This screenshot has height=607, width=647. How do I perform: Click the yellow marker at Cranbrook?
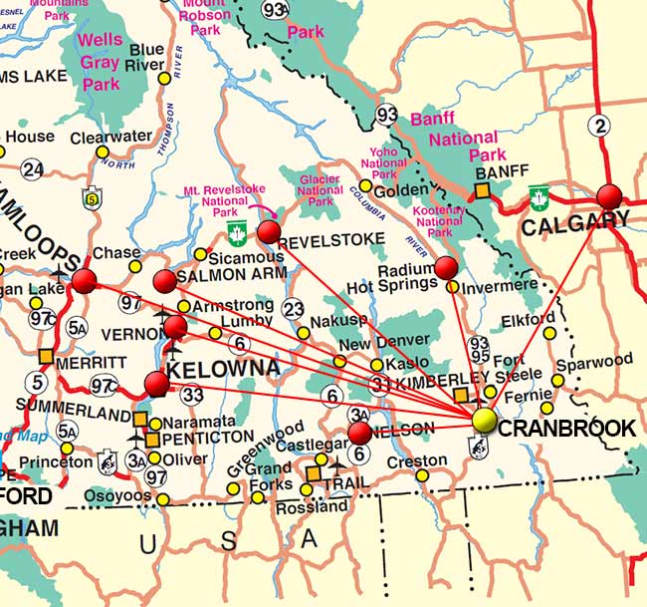click(485, 421)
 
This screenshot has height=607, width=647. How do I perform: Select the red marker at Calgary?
click(609, 195)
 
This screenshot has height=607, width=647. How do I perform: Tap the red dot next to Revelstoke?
click(269, 232)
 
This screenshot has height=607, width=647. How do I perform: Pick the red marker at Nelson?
click(359, 433)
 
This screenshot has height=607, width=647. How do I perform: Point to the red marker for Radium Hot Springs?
click(446, 267)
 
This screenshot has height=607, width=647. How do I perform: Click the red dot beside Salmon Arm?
click(165, 280)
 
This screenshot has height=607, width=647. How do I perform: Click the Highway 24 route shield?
click(33, 169)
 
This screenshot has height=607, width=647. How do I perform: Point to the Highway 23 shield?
click(293, 309)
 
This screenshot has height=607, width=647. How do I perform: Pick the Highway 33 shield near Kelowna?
click(192, 395)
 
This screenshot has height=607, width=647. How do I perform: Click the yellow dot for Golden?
click(365, 185)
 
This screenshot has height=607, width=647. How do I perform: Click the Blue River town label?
click(146, 58)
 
